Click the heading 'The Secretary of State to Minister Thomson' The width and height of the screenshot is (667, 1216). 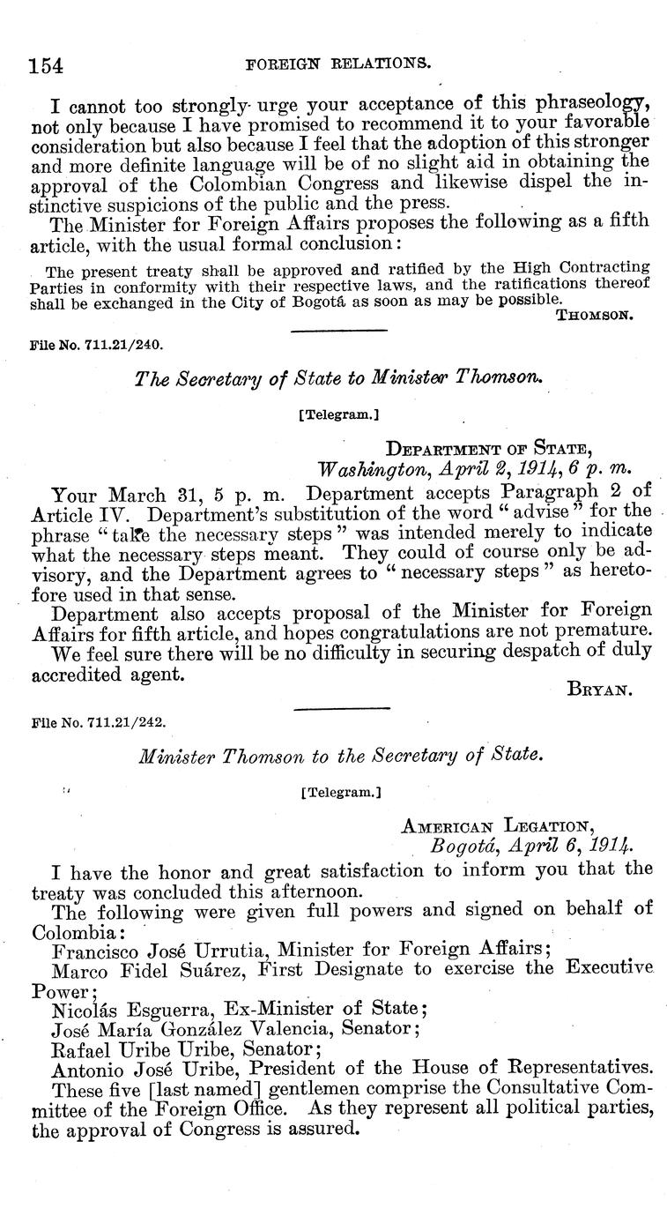(337, 378)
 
